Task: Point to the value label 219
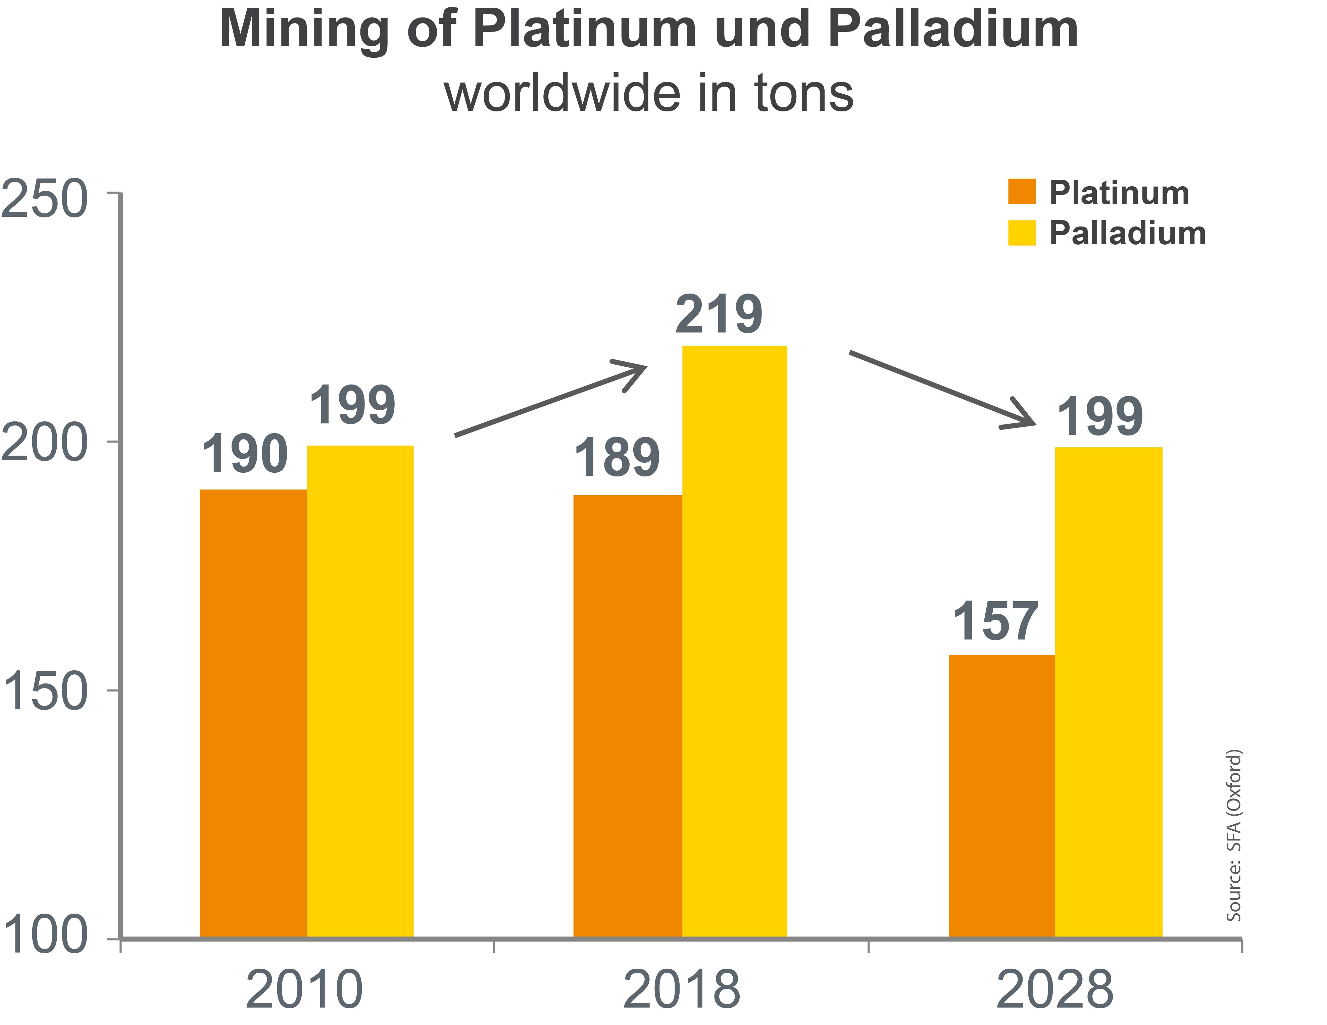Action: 719,315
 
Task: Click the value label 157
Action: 995,622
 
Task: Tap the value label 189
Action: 617,458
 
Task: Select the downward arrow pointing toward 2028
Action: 942,389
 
